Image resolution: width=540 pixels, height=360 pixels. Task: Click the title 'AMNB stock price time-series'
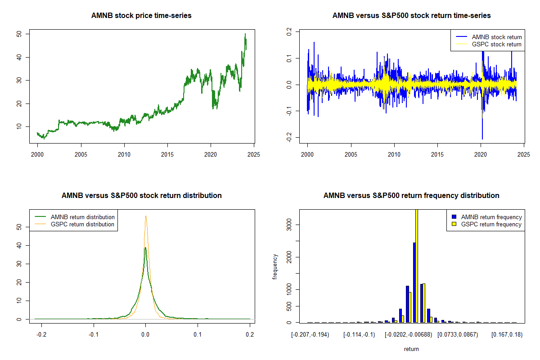(141, 16)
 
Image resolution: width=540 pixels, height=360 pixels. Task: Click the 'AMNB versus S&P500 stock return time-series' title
(411, 16)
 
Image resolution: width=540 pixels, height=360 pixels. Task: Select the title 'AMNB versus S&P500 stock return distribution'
(141, 196)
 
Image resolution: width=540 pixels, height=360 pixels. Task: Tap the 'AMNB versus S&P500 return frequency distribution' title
(411, 196)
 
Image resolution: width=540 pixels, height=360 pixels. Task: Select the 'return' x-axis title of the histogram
(411, 349)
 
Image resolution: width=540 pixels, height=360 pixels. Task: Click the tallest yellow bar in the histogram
(417, 270)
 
